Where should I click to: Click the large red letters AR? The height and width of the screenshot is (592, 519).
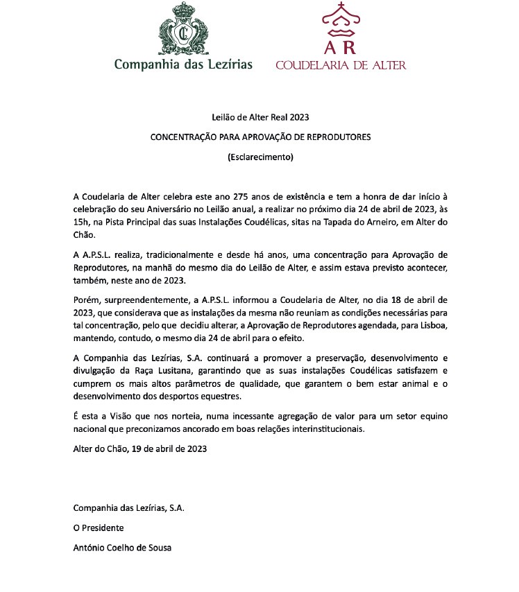click(341, 47)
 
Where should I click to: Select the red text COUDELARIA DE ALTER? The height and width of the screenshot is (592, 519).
click(341, 65)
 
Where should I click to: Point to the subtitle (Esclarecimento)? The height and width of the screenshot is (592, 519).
click(260, 157)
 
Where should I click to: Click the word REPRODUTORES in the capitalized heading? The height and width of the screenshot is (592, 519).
click(337, 137)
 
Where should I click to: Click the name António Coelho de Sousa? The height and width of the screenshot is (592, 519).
click(122, 548)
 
